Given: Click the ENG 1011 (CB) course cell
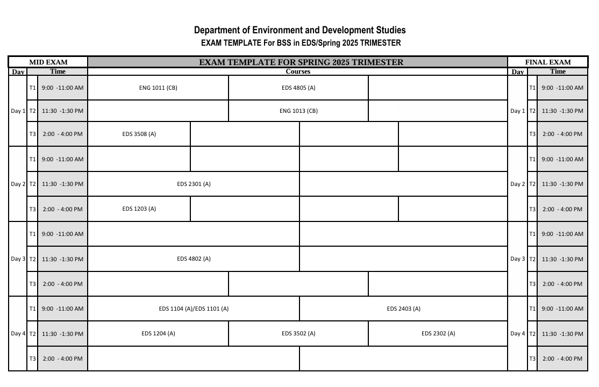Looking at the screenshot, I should coord(158,88).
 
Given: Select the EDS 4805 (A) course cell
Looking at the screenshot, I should coord(298,88).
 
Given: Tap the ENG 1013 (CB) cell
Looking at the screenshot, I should coord(298,111).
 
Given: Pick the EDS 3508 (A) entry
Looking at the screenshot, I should coord(139,134).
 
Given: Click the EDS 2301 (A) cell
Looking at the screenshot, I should coord(194,184).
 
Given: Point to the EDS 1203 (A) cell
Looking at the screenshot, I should coord(139,209).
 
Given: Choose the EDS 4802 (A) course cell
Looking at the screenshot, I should coord(194,259).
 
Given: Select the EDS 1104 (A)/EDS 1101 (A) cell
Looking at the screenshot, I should coord(194,309).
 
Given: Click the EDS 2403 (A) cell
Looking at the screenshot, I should coord(403,309).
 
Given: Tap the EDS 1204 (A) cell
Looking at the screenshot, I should coord(158,333).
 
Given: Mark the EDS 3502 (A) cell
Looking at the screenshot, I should coord(298,333).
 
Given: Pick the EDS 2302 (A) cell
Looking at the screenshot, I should coord(438,333).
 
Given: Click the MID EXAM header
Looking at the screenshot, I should coord(48,62).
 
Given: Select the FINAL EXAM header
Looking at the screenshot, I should coord(548,62).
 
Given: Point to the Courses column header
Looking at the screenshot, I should coord(298,71).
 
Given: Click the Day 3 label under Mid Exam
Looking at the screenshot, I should coord(18,259).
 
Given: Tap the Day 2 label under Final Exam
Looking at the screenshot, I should coord(517,184).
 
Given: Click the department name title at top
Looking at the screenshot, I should coord(300,31).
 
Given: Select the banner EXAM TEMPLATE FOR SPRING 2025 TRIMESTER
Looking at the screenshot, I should coord(301,62).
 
